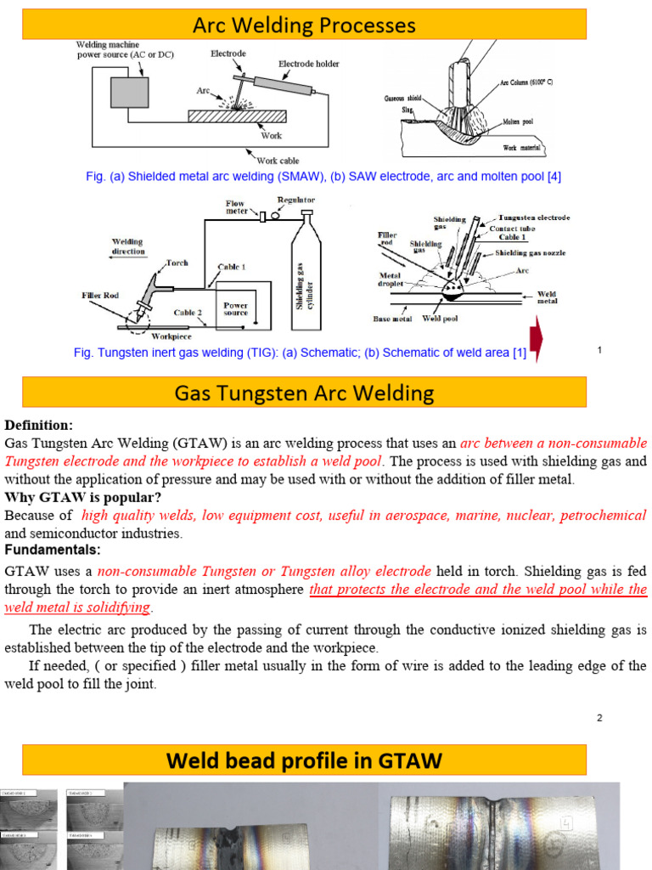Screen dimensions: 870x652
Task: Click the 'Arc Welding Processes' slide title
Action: [304, 25]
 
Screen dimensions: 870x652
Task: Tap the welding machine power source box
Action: [130, 92]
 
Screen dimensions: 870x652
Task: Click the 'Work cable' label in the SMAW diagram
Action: [278, 161]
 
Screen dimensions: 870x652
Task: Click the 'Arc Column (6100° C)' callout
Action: [526, 82]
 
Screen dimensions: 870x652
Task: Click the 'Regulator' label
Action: [295, 200]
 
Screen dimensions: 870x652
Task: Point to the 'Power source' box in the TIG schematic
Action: [235, 308]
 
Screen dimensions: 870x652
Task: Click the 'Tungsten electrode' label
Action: [534, 217]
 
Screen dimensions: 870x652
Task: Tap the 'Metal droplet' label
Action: [391, 280]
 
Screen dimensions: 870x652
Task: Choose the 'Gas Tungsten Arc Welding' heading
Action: [304, 393]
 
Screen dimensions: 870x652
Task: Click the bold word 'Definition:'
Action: [39, 425]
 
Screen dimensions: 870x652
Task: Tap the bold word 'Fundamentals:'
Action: [53, 550]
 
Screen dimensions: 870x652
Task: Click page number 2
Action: [599, 718]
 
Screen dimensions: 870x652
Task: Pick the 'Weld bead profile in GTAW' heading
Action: [304, 760]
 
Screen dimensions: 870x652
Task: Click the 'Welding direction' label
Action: [128, 246]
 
